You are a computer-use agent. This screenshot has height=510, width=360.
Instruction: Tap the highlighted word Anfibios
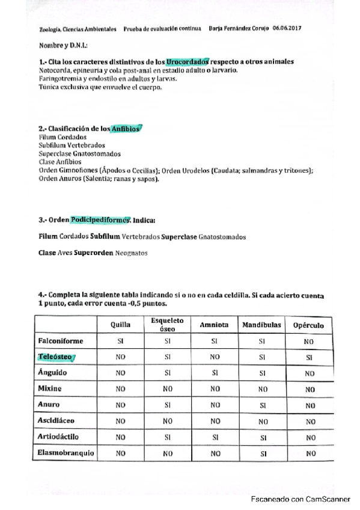point(126,129)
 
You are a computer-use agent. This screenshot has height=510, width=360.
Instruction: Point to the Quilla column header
point(120,325)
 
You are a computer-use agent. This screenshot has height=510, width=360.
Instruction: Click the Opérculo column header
point(308,325)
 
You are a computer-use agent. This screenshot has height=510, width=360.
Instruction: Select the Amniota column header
point(213,325)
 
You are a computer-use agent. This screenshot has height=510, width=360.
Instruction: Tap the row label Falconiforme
point(61,341)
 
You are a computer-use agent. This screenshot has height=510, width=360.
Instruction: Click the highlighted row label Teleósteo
point(55,357)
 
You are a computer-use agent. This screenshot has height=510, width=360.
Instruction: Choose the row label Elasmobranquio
point(66,453)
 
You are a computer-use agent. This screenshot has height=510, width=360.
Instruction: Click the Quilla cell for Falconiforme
point(120,341)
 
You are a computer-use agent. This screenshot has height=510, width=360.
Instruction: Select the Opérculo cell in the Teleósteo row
point(309,357)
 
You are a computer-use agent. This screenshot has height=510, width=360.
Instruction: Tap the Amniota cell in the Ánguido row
point(213,373)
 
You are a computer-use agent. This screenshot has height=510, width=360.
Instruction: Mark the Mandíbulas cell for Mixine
point(261,389)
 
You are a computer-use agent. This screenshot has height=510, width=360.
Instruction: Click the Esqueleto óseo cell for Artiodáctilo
point(167,437)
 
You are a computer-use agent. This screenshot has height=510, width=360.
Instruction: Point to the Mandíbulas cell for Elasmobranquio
point(261,453)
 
